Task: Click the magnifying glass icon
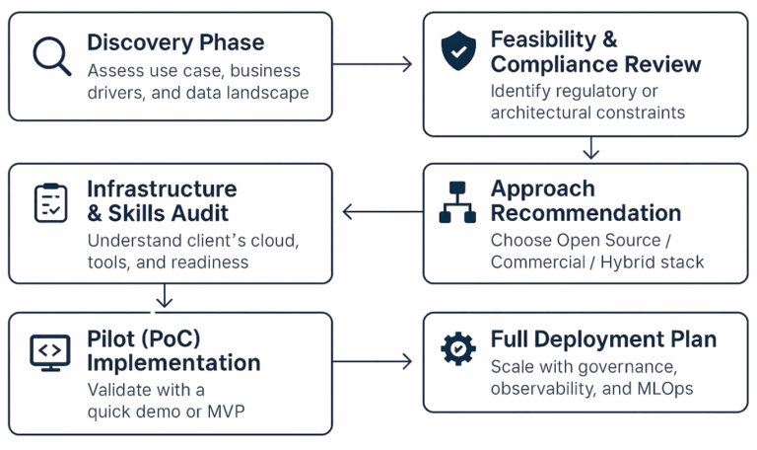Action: click(x=51, y=55)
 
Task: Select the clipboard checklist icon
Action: click(x=50, y=202)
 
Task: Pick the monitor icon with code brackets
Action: click(x=50, y=350)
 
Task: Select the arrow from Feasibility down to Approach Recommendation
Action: click(x=590, y=148)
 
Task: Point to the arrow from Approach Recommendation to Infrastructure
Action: click(x=381, y=211)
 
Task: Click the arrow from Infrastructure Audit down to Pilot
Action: click(x=165, y=295)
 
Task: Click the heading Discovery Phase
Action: click(x=175, y=42)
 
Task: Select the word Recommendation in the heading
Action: click(x=585, y=213)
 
